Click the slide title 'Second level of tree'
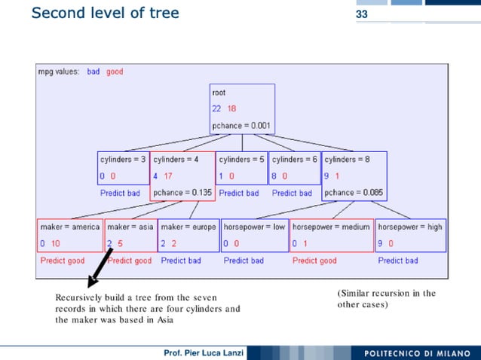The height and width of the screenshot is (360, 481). tap(105, 13)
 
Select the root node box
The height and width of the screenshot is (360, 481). tap(242, 108)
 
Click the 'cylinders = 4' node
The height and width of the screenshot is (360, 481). tap(182, 176)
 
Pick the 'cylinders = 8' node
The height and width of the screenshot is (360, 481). tap(354, 176)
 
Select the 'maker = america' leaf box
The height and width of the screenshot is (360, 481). tap(70, 235)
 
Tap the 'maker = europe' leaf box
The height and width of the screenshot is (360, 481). tap(188, 235)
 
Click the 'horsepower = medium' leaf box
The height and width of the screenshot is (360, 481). tap(332, 235)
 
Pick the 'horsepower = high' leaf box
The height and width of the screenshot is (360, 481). tap(410, 235)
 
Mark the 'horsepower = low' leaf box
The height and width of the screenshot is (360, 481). tap(255, 235)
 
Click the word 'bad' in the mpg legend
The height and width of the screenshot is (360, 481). tap(93, 72)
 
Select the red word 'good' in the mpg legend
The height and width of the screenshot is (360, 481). tap(115, 72)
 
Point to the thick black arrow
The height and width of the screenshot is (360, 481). tap(100, 267)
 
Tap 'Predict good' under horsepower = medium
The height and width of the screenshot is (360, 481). tap(314, 261)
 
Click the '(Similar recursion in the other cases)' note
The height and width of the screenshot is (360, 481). tap(386, 299)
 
